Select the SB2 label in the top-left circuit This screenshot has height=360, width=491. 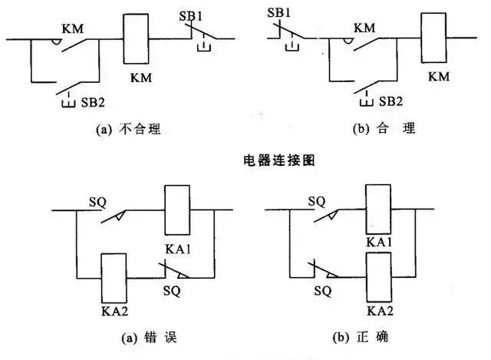tap(91, 102)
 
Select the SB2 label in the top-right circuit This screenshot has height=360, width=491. tap(390, 102)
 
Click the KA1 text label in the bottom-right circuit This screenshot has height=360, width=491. tap(379, 243)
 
